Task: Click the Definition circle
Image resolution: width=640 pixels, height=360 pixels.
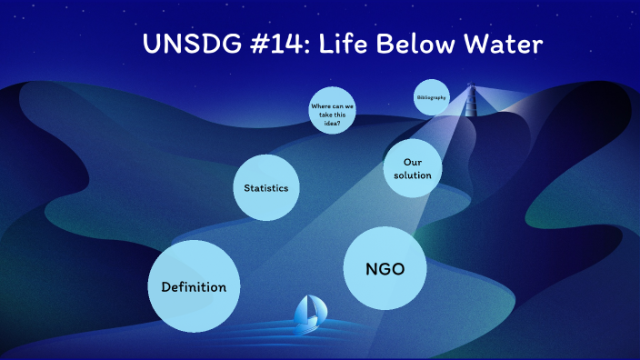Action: point(194,285)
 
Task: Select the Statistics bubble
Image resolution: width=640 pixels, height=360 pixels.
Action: point(266,187)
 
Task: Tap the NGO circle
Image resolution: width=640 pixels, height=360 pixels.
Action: point(385,268)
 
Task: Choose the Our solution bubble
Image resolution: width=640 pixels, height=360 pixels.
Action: point(405,168)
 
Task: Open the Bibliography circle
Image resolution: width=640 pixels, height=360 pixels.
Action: point(431,97)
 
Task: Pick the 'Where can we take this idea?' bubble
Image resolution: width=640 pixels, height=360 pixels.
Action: point(332,112)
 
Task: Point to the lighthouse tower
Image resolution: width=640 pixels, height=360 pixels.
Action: point(471,99)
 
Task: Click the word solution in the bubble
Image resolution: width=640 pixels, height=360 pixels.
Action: point(405,175)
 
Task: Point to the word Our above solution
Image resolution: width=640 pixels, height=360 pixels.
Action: point(405,162)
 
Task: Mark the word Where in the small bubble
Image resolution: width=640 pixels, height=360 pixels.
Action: point(322,105)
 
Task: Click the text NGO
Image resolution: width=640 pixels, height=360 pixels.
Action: point(385,269)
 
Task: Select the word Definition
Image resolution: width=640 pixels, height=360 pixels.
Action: point(194,287)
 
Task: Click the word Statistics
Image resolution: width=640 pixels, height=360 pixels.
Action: point(266,188)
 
